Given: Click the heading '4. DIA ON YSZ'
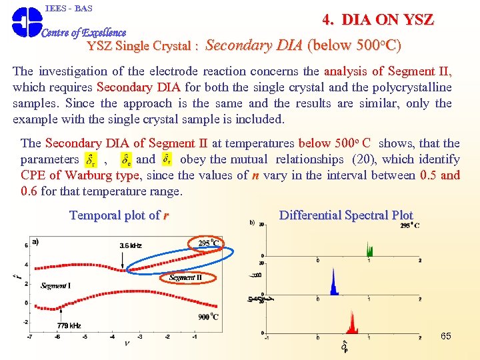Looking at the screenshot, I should coord(377,20).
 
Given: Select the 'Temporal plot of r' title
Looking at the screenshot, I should coord(119,215).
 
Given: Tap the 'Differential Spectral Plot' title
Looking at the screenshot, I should coord(346,215).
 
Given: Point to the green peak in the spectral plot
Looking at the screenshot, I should coord(369,250).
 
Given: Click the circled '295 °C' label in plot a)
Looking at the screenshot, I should coord(208,243).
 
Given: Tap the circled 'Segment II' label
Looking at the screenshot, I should coord(185,277).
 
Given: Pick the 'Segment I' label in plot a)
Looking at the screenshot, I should coord(55,286).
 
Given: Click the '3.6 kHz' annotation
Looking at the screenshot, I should coord(131,246).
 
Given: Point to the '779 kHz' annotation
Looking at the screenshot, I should coord(69,325).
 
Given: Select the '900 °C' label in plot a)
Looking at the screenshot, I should coord(208,317).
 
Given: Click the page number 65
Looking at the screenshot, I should coord(446,336).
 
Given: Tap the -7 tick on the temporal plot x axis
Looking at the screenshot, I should coord(30,337).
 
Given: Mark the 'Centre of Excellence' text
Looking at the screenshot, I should coord(84,33).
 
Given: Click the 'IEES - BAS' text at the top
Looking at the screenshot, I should coord(69,8).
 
